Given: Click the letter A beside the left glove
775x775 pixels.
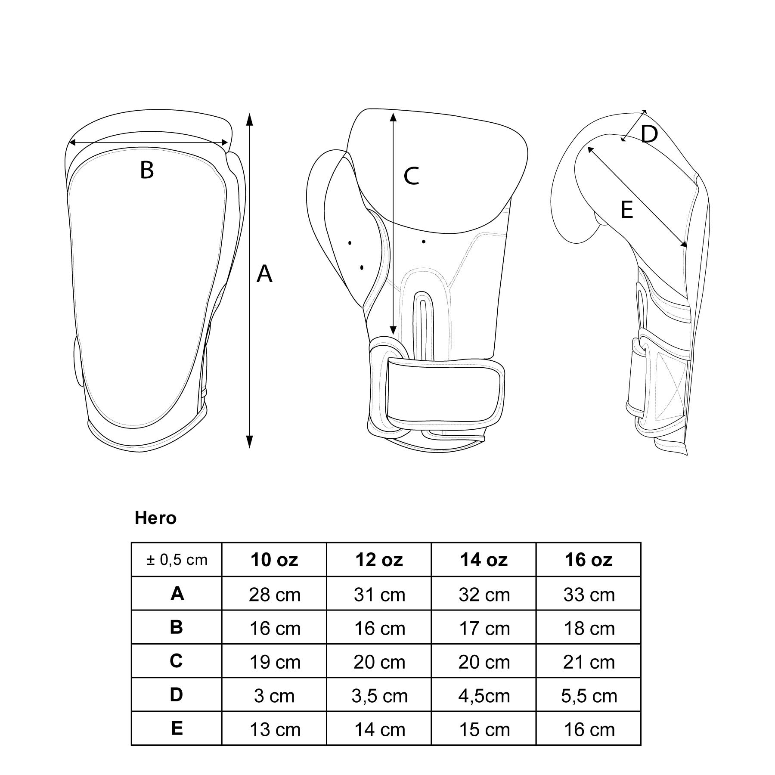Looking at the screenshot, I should [264, 274].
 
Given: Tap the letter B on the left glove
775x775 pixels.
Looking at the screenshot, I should [147, 170].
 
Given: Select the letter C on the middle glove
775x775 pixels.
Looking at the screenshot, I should [411, 176].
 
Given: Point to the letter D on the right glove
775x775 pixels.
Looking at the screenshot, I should [649, 134].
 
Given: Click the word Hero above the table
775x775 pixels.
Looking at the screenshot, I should [155, 518].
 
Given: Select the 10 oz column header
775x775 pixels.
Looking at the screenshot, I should [274, 560].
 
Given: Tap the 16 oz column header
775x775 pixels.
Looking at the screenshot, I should [589, 560].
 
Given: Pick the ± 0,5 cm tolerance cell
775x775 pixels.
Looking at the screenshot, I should [177, 560].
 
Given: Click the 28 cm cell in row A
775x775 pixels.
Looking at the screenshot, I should [274, 595].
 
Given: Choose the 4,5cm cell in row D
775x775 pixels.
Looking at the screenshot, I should [484, 696].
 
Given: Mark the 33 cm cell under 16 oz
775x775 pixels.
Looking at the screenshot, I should [589, 595].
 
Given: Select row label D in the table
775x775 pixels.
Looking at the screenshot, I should [177, 695].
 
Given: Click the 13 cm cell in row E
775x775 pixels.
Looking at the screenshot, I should [274, 730].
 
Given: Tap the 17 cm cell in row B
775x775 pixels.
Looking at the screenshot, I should [484, 629].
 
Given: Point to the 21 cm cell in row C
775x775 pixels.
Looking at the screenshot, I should [589, 662].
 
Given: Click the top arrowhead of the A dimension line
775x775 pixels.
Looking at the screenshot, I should [249, 118].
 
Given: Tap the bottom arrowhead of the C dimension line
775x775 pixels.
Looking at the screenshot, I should [393, 330].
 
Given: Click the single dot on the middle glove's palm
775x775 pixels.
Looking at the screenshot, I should [424, 242].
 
